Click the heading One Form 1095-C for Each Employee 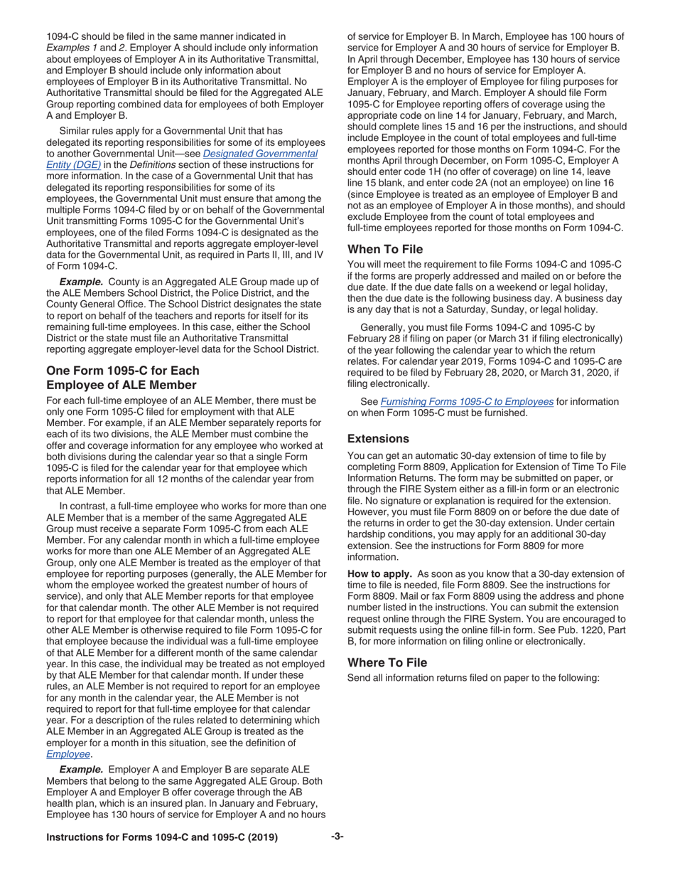[121, 378]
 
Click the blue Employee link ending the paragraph [68, 753]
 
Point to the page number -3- [337, 837]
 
